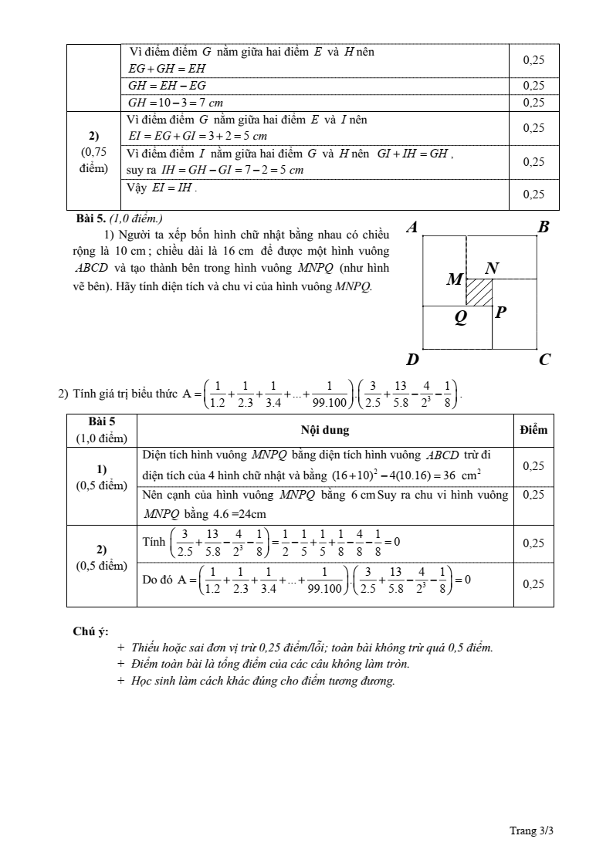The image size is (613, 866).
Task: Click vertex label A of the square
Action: point(412,227)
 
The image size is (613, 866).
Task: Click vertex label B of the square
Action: point(544,227)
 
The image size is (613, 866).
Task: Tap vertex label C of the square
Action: point(544,359)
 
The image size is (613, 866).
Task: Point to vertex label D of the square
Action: point(412,360)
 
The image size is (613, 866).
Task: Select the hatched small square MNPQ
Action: point(479,293)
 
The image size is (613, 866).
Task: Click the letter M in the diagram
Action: point(455,279)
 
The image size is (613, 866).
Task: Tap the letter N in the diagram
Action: point(492,268)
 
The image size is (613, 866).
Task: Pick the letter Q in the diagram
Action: point(461,316)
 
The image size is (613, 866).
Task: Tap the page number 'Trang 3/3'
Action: point(532,830)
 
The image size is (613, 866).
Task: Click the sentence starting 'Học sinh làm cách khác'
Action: point(263,681)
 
